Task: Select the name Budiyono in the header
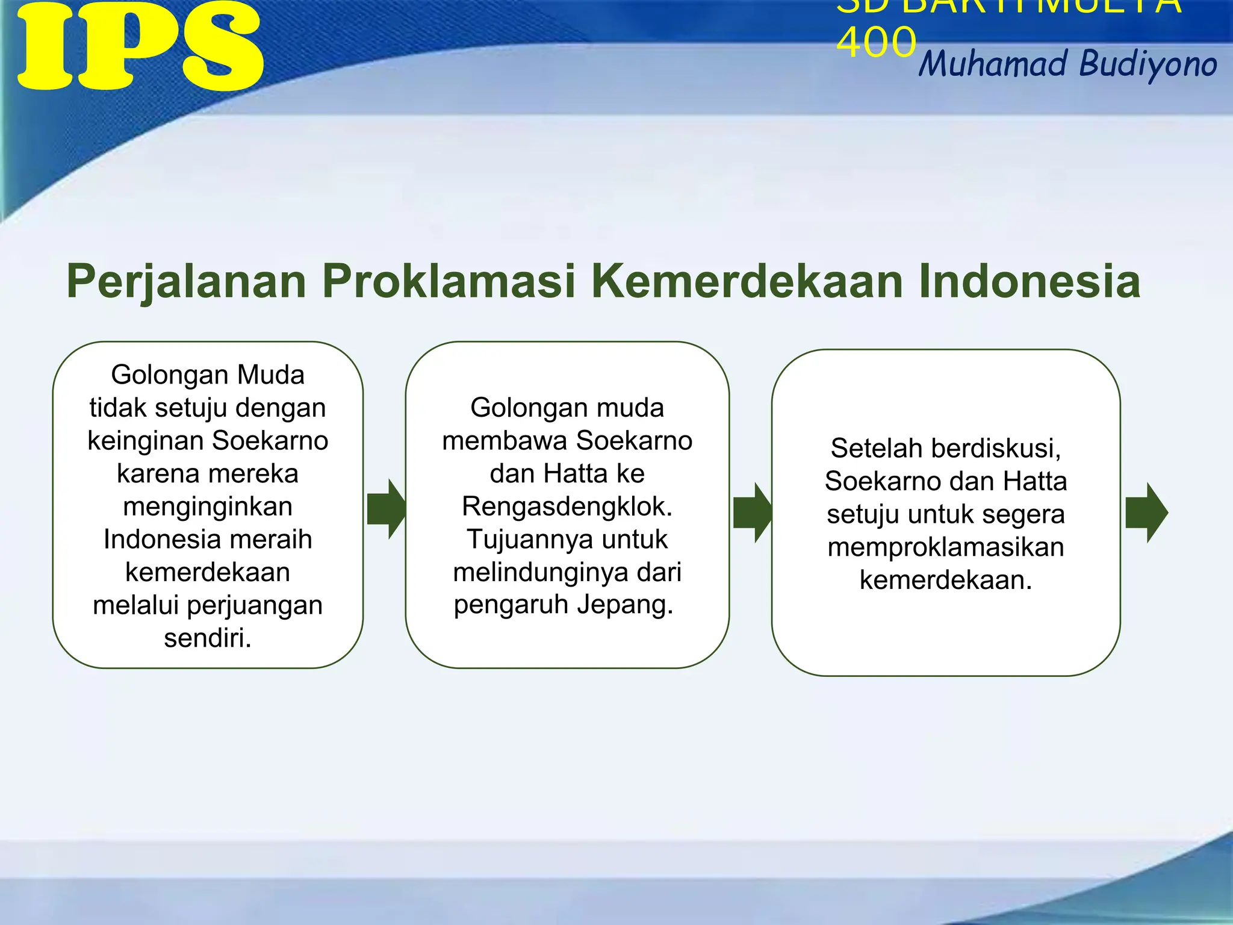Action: coord(1148,64)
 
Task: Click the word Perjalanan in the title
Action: coord(187,282)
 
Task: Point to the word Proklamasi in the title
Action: coord(449,281)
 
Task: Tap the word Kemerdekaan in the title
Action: coord(747,281)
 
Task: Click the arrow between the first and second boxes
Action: coord(386,509)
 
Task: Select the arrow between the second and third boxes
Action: coord(752,512)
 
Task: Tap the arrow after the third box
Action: coord(1146,512)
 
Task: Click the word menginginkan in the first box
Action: coord(208,506)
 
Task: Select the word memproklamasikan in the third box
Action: coord(946,547)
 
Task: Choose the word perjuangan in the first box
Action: coord(255,605)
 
